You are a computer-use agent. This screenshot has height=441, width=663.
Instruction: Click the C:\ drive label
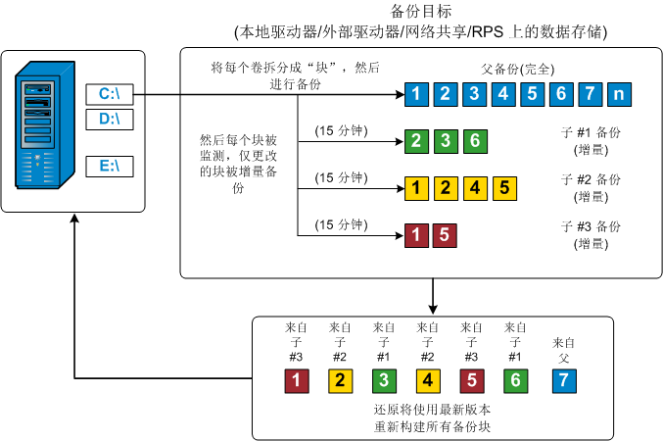109,94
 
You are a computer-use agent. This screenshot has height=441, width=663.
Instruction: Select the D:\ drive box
109,120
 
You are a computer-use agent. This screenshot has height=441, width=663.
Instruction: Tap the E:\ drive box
109,166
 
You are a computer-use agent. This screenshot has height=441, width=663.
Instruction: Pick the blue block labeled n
619,95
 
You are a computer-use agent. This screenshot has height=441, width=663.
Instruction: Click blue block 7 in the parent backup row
589,95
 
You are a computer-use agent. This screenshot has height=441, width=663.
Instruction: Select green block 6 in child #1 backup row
474,140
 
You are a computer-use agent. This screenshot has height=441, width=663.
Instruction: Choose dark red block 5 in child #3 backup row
445,235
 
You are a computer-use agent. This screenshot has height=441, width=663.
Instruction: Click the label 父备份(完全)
518,70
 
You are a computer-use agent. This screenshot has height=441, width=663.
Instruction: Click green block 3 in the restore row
384,379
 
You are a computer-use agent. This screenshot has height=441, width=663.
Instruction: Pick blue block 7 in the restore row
563,379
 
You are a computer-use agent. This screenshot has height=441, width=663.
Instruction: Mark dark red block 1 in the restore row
296,379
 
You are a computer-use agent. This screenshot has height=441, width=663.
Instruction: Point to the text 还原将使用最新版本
432,409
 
